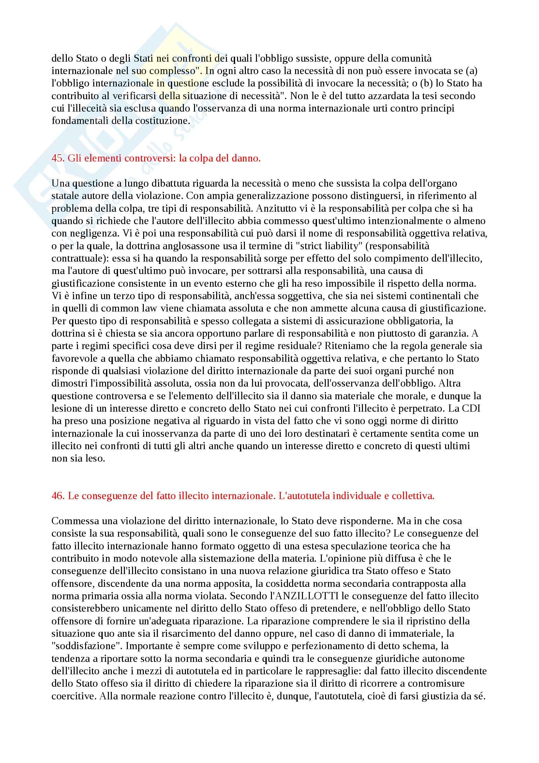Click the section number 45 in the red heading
coord(57,158)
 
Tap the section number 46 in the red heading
coord(57,496)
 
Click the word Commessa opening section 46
coord(74,521)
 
